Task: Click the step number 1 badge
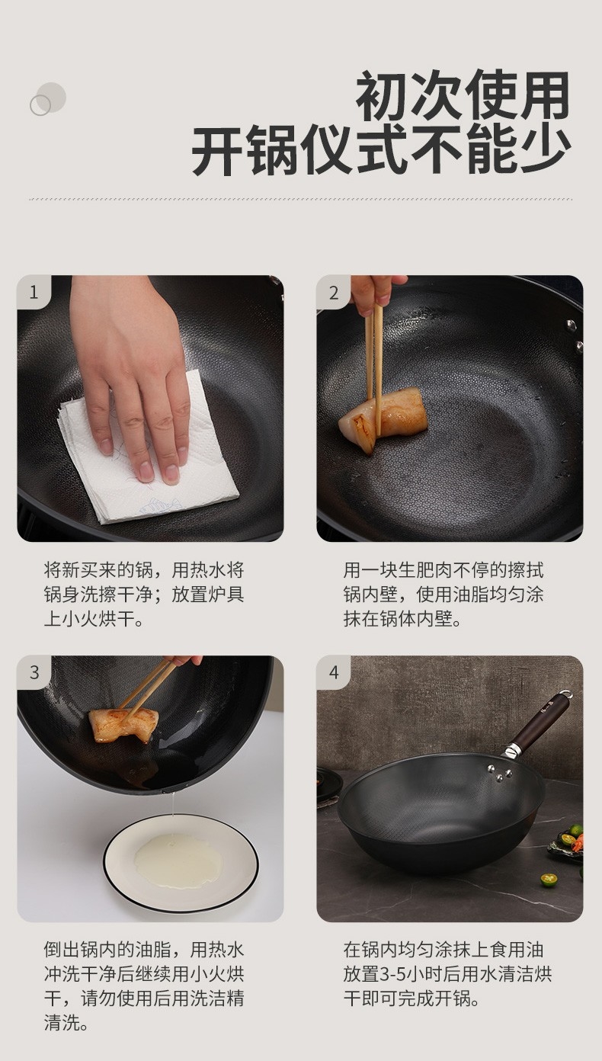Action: click(x=34, y=292)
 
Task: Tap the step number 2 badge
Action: click(x=334, y=292)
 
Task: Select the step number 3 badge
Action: click(x=34, y=672)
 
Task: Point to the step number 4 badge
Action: click(x=334, y=672)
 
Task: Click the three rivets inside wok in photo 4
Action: click(x=500, y=773)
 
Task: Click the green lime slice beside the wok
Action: click(x=548, y=880)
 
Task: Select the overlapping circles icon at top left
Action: click(x=47, y=99)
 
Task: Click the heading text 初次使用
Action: click(x=463, y=95)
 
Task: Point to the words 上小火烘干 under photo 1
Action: click(x=94, y=619)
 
